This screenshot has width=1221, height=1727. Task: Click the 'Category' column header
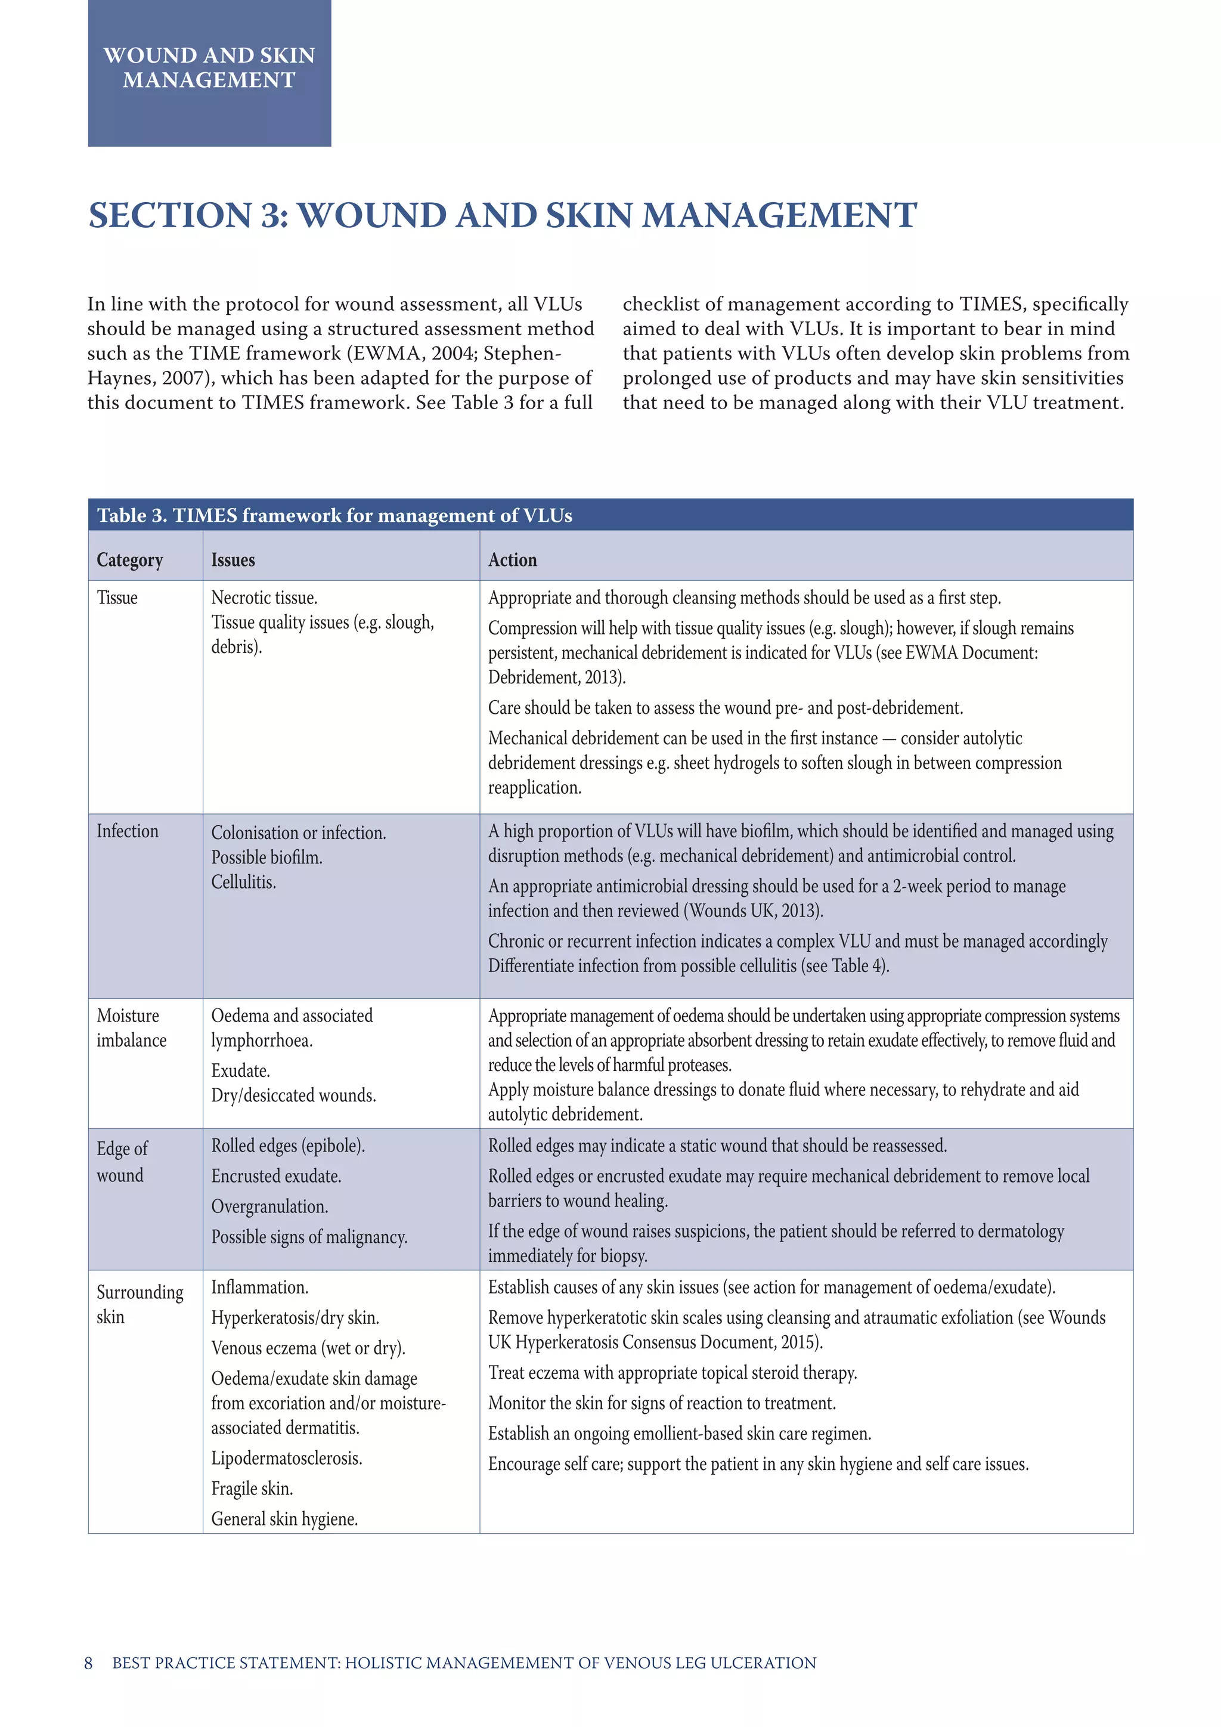129,561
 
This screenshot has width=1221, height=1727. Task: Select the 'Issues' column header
233,561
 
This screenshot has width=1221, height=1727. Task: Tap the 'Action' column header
512,561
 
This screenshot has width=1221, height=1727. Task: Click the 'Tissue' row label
117,598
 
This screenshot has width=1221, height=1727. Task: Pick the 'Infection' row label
127,831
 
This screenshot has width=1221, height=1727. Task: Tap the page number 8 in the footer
89,1663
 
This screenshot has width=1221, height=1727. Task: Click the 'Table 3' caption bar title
334,516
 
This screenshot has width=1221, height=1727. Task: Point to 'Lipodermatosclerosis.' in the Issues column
286,1459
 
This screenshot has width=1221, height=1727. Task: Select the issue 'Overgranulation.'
269,1206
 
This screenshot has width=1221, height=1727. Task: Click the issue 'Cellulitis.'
244,883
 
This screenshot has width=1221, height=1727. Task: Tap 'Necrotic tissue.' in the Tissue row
264,598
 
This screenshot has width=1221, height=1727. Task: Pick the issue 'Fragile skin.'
252,1488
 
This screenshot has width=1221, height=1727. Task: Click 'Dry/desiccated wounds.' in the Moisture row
293,1096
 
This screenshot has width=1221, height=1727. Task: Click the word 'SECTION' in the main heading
170,216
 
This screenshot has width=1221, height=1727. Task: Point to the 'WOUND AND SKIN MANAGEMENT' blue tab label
209,68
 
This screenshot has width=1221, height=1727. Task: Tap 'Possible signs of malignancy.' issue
309,1237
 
